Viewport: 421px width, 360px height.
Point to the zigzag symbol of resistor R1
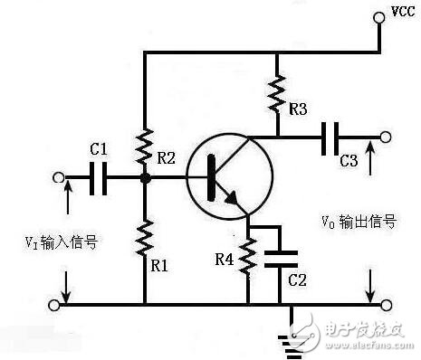point(145,236)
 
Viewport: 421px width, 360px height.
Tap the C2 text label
point(295,280)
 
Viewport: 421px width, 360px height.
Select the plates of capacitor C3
point(333,137)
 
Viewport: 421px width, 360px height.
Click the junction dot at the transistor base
point(145,178)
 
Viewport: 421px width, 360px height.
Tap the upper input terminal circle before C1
point(61,178)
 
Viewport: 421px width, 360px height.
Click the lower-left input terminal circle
point(61,304)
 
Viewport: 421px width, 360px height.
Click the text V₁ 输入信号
point(60,242)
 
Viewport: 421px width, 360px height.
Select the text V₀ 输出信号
point(359,221)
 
